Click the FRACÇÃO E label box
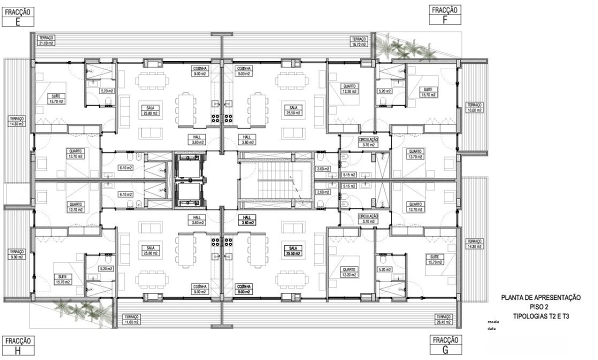coord(18,16)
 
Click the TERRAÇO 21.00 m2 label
coord(46,40)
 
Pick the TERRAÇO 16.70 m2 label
coord(359,41)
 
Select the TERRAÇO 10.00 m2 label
coord(474,108)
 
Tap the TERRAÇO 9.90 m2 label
coord(16,253)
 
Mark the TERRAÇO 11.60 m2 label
coord(132,318)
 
